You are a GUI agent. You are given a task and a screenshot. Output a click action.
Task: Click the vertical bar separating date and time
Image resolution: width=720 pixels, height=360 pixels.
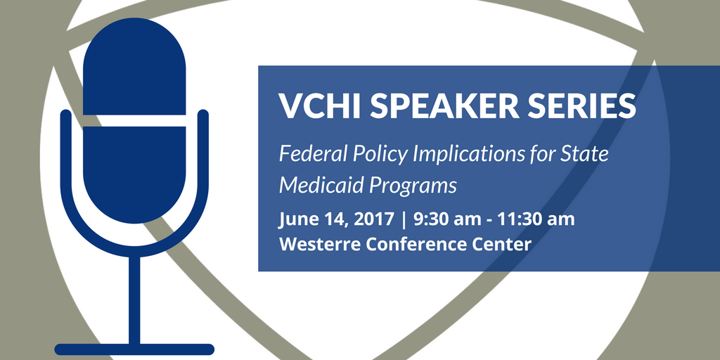(x=404, y=220)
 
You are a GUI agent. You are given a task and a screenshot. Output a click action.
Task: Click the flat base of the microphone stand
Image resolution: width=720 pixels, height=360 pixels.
(x=134, y=349)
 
